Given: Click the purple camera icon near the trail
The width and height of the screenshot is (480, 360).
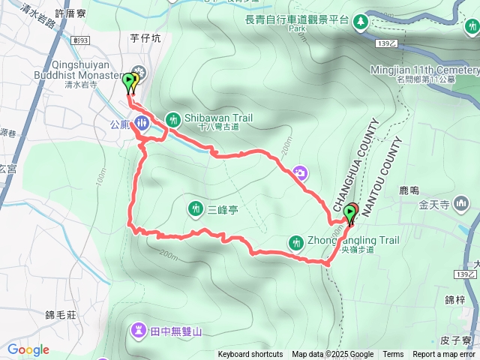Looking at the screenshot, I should point(300,173).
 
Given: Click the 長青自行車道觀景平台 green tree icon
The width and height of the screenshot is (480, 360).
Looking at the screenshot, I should point(361,20).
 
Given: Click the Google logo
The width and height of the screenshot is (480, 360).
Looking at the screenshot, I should point(28,349).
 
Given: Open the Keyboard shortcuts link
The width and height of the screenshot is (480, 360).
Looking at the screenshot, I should point(250,355).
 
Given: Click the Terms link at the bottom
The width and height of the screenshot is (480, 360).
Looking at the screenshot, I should point(393,355).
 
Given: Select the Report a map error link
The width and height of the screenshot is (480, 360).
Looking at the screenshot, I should point(445,355).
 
